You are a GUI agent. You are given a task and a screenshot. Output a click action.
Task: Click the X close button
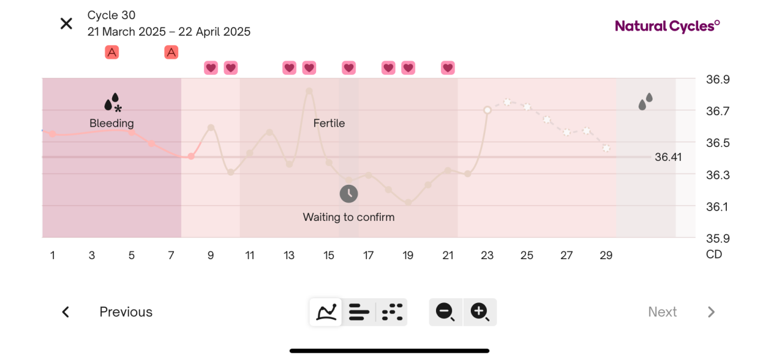(66, 23)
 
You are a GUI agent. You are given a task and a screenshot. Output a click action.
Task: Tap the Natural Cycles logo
(667, 26)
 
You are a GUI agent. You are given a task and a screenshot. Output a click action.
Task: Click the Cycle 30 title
(112, 15)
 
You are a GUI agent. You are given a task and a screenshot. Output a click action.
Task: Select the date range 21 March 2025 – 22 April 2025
(169, 32)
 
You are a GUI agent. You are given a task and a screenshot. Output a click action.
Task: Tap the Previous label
(126, 312)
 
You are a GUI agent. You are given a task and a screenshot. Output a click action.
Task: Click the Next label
(662, 312)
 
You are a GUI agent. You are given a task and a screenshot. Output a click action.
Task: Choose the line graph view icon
(326, 312)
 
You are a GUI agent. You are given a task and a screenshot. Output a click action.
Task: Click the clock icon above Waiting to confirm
(348, 194)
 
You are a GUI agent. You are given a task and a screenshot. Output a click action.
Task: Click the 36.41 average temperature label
(668, 157)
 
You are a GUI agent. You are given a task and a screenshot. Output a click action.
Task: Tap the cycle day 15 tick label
(329, 256)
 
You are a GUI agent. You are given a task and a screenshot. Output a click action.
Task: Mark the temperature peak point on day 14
(309, 91)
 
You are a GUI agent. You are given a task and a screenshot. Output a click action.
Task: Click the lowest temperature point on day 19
(408, 202)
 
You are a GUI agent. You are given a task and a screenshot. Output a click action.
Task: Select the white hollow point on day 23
(488, 110)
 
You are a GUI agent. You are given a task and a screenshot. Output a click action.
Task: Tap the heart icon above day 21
(447, 68)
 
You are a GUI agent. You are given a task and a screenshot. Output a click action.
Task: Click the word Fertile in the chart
(329, 123)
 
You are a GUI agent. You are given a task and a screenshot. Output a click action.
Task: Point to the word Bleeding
(112, 123)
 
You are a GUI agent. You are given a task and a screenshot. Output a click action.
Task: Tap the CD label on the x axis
(714, 254)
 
